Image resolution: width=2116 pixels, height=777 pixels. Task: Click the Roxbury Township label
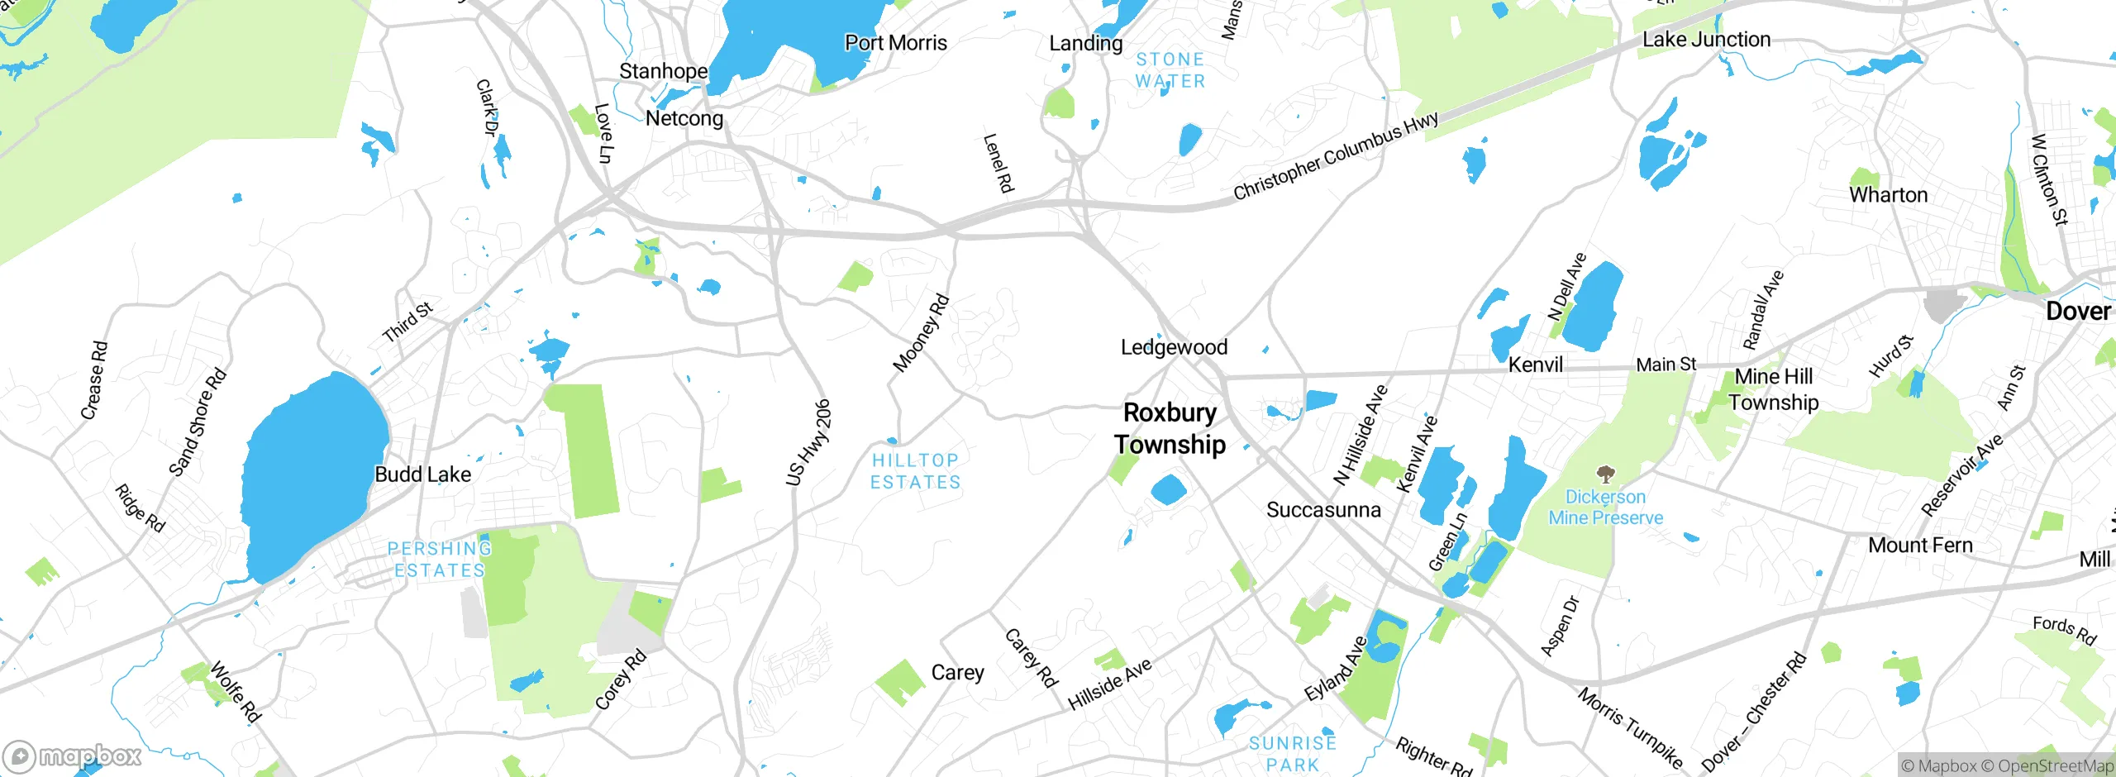coord(1170,428)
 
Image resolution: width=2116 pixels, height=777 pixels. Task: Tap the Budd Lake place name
coord(422,474)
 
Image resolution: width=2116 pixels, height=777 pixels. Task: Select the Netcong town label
coord(684,118)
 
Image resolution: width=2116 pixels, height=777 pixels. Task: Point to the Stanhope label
coord(663,71)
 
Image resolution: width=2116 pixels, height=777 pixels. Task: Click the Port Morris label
coord(895,43)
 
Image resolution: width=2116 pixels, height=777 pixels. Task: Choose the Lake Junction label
coord(1706,40)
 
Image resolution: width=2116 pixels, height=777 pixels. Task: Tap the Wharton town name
coord(1888,195)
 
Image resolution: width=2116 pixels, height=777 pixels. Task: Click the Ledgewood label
coord(1174,347)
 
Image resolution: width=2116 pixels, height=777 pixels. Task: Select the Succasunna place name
coord(1323,510)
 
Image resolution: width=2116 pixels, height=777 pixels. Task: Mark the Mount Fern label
coord(1920,546)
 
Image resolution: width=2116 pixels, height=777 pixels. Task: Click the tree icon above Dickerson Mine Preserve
coord(1605,474)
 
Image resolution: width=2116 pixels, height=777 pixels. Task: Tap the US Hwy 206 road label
coord(808,442)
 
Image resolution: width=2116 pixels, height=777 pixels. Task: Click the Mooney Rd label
coord(921,333)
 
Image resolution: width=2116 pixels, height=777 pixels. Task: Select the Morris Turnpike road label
coord(1630,727)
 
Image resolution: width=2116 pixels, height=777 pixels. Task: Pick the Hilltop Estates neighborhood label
coord(915,471)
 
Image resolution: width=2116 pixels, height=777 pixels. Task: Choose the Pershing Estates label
coord(439,560)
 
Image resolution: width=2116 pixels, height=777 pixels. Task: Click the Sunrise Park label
coord(1293,754)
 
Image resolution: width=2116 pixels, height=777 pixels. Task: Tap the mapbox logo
coord(73,756)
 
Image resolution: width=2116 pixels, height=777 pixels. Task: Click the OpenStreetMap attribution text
coord(2055,765)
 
